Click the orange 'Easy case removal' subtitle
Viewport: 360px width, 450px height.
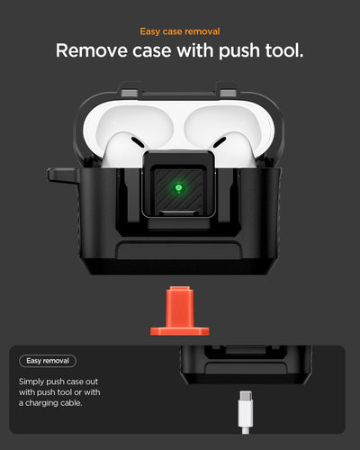[180, 31]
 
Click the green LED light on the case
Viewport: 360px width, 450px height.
[180, 187]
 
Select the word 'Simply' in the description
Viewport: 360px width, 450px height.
[34, 382]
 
